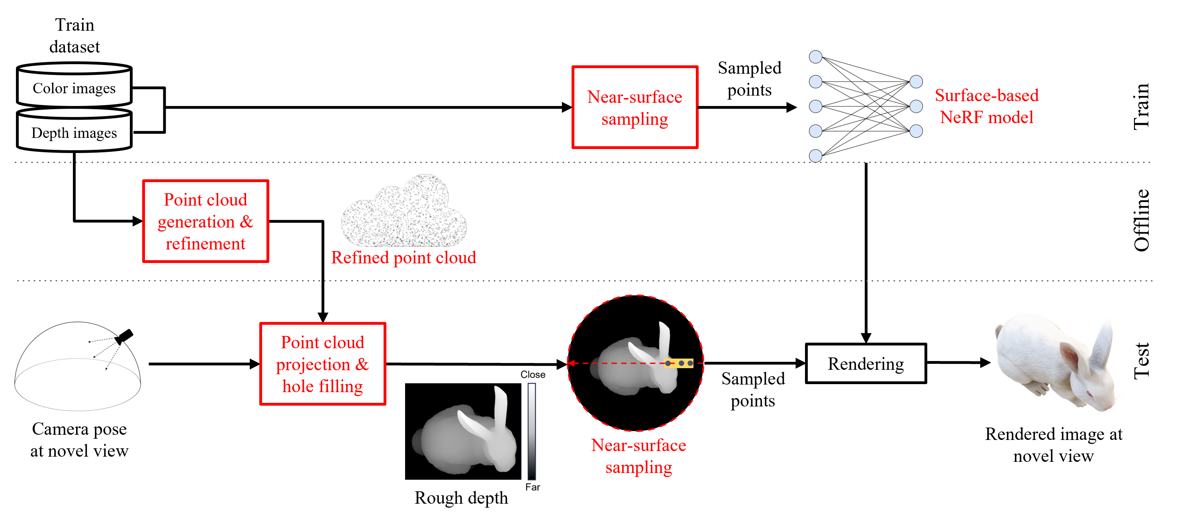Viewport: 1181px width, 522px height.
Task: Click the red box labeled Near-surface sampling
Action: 635,107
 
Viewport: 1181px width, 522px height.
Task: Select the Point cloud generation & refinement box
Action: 206,221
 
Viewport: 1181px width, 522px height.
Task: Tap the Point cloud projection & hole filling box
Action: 322,364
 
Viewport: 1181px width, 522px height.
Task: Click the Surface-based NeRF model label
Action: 986,106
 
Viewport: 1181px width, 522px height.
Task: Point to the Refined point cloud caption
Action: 403,258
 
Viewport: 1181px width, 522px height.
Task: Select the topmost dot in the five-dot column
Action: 815,57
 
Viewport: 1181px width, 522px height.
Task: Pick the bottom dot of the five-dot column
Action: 815,156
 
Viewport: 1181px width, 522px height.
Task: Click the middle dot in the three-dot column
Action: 916,106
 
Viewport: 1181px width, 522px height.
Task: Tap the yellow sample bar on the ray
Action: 678,363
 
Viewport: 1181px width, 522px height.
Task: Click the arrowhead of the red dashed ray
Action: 570,363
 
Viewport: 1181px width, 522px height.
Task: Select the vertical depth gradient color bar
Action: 531,431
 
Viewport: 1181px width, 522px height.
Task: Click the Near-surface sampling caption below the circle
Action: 638,456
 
